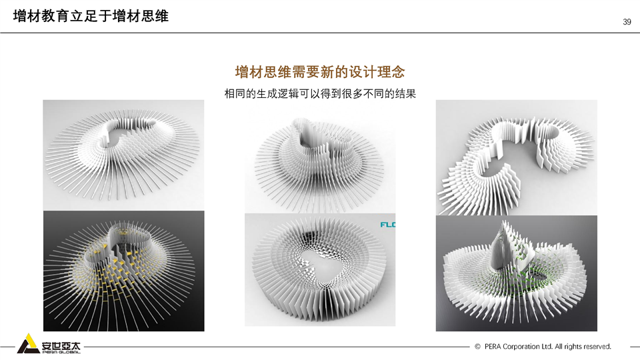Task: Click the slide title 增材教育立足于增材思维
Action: click(x=91, y=16)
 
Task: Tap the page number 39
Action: click(x=627, y=22)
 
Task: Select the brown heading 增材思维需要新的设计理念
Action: click(x=320, y=72)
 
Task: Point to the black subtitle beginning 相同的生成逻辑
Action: click(x=320, y=94)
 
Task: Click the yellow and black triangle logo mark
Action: click(x=28, y=344)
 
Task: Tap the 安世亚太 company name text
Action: click(x=61, y=346)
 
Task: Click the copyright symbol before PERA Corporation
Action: click(x=477, y=347)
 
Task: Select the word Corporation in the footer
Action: click(x=521, y=347)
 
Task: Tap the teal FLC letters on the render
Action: click(x=388, y=225)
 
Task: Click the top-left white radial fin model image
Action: click(x=124, y=155)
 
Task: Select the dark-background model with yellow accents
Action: click(x=124, y=271)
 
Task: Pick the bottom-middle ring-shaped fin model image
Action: click(x=320, y=270)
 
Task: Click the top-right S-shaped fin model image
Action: click(x=516, y=157)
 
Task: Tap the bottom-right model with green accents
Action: click(x=516, y=273)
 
